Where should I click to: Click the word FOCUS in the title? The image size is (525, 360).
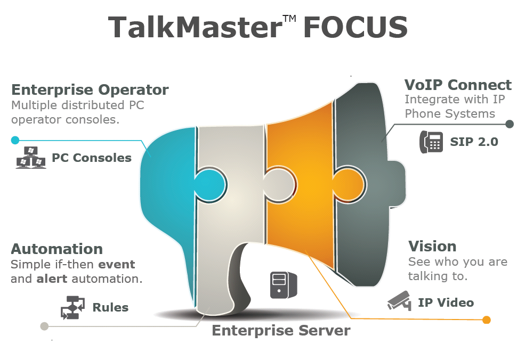[356, 27]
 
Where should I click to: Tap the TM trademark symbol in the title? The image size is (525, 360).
[289, 19]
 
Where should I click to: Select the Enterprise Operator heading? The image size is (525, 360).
[90, 89]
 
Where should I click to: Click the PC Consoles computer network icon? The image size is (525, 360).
[31, 158]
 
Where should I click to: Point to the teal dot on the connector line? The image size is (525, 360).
[15, 141]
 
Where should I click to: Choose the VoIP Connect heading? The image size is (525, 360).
[457, 85]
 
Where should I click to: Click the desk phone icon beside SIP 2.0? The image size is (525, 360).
[431, 142]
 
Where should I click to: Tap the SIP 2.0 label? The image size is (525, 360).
[474, 142]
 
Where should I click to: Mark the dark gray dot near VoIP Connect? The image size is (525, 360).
[510, 124]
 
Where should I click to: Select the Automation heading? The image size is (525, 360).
[56, 249]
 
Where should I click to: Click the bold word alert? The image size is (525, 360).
[52, 279]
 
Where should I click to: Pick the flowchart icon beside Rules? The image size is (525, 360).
[72, 307]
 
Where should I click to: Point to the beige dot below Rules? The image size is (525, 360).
[44, 326]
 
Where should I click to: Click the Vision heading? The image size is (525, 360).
[432, 247]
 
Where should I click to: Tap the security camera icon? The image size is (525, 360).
[399, 301]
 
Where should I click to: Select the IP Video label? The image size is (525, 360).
[446, 302]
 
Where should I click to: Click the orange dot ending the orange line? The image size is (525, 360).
[486, 320]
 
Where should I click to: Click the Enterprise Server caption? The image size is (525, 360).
[281, 331]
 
